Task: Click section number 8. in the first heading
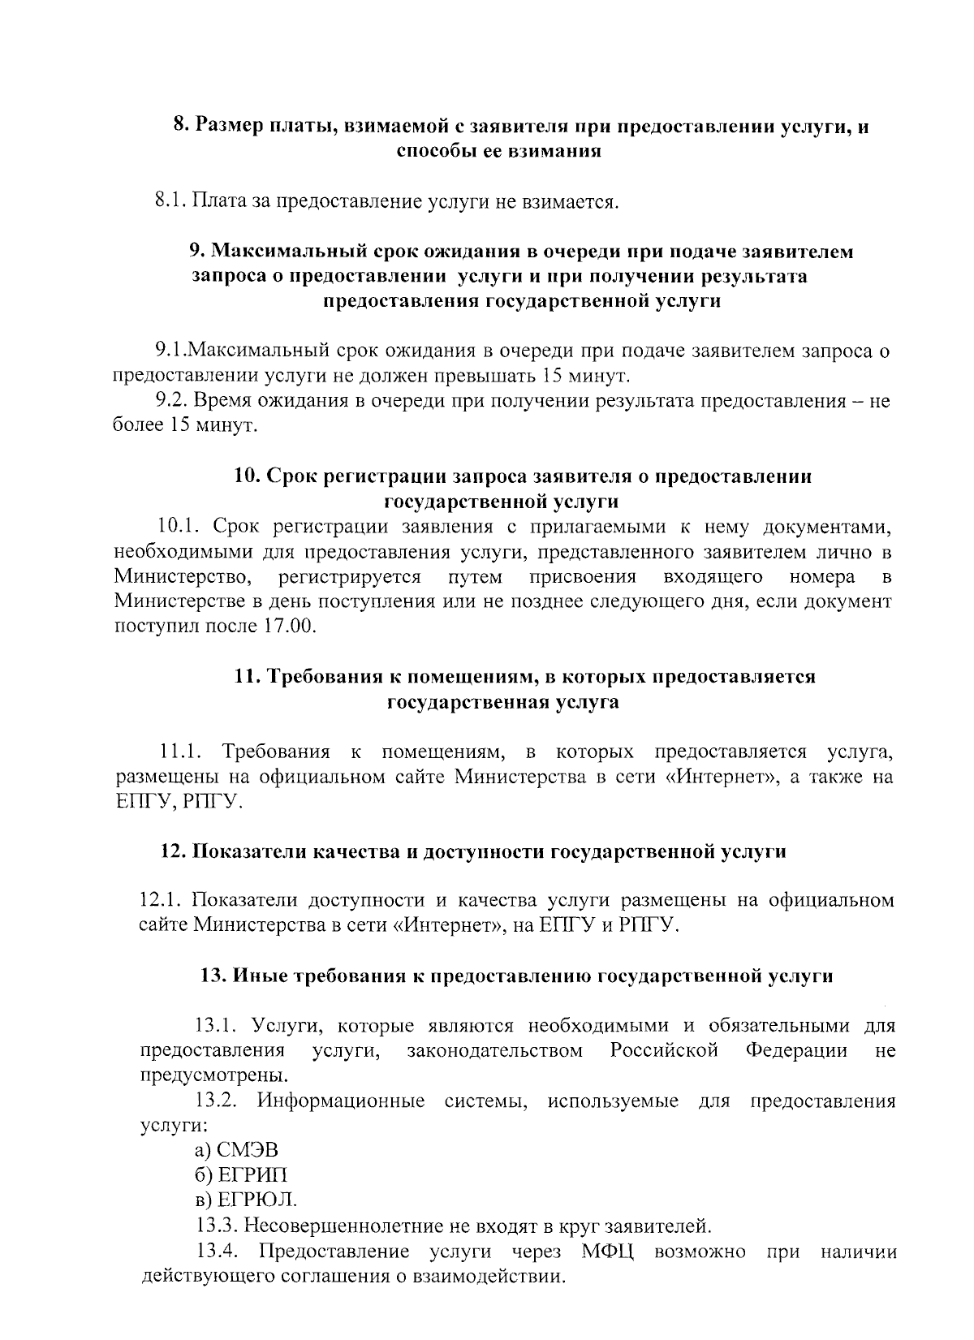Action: [x=182, y=126]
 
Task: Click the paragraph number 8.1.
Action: [x=171, y=200]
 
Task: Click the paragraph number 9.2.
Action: [x=171, y=401]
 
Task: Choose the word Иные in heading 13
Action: [x=258, y=976]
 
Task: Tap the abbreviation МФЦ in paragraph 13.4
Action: [x=608, y=1251]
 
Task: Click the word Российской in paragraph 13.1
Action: [x=664, y=1051]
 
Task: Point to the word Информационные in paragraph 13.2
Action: [x=341, y=1101]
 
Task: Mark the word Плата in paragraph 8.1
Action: [x=218, y=200]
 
